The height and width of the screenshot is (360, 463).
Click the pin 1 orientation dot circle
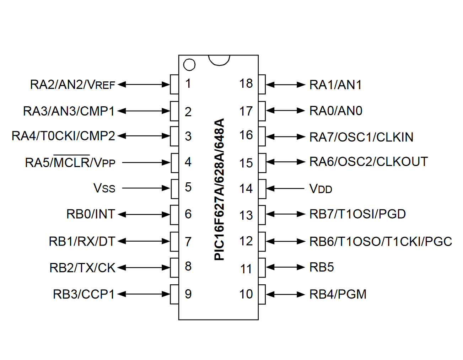[x=189, y=65]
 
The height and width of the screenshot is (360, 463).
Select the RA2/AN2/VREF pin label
[x=72, y=85]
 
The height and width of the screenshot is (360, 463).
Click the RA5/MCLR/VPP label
[x=70, y=163]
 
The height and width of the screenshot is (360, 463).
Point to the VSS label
[x=104, y=188]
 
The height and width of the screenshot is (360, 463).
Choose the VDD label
[x=321, y=189]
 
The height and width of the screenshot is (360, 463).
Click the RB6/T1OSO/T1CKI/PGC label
[x=381, y=242]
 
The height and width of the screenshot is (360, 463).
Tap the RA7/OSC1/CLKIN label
[x=361, y=137]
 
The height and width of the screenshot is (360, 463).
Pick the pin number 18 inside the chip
[x=246, y=84]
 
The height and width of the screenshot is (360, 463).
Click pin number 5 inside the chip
[x=188, y=187]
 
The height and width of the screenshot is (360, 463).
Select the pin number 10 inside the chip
[x=246, y=294]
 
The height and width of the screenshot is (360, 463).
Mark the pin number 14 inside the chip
[x=246, y=189]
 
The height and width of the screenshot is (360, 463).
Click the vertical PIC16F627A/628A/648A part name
[x=220, y=189]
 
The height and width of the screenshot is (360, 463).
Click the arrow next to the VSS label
[x=146, y=188]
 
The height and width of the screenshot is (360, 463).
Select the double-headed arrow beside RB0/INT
[x=144, y=214]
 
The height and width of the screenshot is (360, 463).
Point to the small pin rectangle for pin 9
[x=174, y=294]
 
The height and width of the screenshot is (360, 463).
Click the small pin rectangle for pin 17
[x=262, y=111]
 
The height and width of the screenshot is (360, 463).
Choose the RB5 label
[x=322, y=267]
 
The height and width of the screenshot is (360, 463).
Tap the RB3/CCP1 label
[x=84, y=294]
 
